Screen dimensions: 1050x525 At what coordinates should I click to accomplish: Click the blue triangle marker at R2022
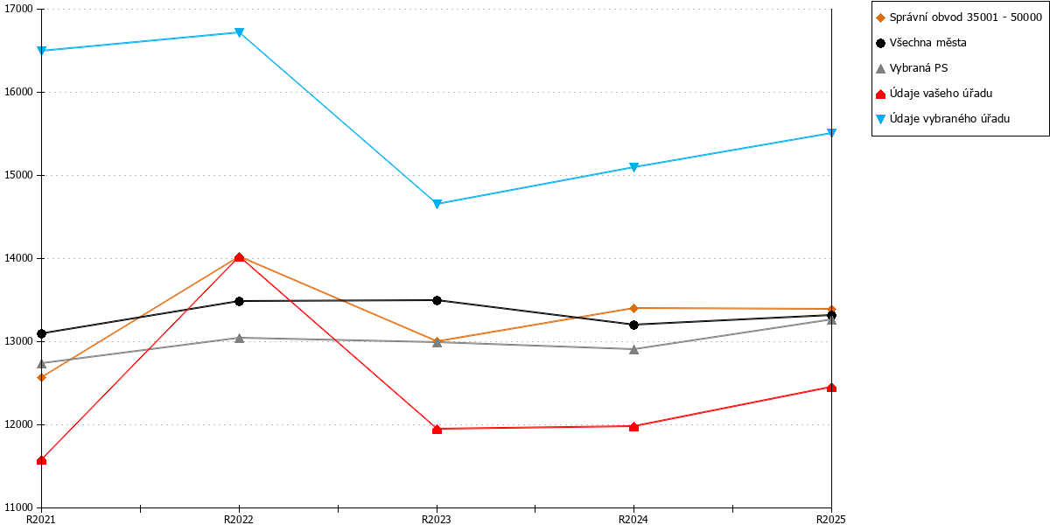(x=239, y=32)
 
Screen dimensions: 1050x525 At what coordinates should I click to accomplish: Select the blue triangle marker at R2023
(x=437, y=204)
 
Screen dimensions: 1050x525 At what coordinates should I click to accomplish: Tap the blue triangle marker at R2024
(x=633, y=167)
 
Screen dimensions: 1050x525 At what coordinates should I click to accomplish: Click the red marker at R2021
(x=41, y=460)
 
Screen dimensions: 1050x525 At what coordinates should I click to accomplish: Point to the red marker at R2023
(x=437, y=429)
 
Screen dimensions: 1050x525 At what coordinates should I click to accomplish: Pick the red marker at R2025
(x=831, y=387)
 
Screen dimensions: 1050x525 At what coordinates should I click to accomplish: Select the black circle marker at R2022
(x=239, y=301)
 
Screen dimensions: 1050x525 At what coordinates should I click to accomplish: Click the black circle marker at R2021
(x=41, y=333)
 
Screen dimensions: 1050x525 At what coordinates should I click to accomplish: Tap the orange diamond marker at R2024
(x=633, y=308)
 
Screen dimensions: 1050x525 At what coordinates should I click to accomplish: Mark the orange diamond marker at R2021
(x=41, y=377)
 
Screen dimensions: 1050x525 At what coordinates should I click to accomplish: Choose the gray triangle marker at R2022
(x=239, y=338)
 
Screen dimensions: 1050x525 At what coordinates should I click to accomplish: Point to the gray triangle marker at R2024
(x=633, y=349)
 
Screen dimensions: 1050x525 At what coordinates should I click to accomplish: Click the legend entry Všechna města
(x=928, y=43)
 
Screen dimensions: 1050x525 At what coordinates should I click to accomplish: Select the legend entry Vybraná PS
(x=919, y=68)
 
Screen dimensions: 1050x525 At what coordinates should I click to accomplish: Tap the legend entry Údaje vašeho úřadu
(x=941, y=94)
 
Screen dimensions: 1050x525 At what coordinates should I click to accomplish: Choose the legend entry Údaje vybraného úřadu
(x=949, y=119)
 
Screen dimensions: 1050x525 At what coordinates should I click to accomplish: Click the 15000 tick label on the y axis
(x=18, y=175)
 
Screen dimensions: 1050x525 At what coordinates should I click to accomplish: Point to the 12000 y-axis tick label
(x=18, y=424)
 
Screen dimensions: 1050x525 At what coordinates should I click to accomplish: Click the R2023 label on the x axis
(x=437, y=519)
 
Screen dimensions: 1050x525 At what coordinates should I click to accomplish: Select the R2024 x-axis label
(x=633, y=519)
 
